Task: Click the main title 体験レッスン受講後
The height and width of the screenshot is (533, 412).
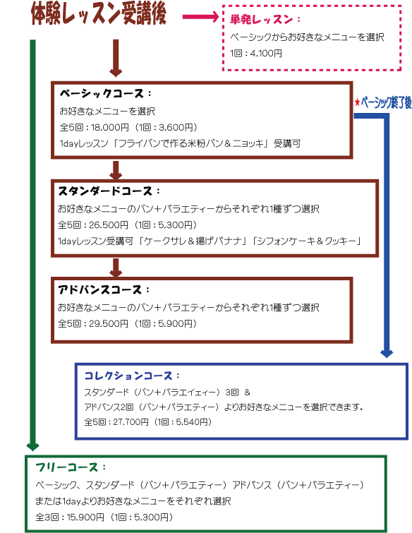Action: point(99,14)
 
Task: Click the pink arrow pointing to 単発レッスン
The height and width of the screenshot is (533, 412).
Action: point(200,17)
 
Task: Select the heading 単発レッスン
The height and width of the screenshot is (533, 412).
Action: point(261,19)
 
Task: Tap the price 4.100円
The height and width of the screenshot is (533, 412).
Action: point(266,54)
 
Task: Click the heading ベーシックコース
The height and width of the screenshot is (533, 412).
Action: point(102,93)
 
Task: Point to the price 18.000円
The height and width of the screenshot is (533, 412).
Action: point(110,128)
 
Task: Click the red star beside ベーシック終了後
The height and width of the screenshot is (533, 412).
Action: point(357,102)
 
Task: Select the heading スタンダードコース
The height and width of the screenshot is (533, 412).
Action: point(105,191)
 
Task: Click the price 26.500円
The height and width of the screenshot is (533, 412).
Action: point(109,225)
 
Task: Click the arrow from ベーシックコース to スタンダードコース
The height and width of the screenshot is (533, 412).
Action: point(116,170)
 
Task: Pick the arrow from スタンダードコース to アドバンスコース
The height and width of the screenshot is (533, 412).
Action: point(116,268)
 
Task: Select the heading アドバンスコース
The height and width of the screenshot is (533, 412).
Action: point(100,289)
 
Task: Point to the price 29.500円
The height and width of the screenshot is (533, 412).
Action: point(109,323)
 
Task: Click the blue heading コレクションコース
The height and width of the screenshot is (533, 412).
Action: point(128,376)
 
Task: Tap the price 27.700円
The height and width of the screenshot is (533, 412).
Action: point(131,422)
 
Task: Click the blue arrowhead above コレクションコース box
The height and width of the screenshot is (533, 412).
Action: point(387,354)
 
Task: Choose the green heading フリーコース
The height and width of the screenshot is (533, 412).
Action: point(67,467)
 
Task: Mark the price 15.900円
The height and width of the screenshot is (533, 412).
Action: point(85,517)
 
